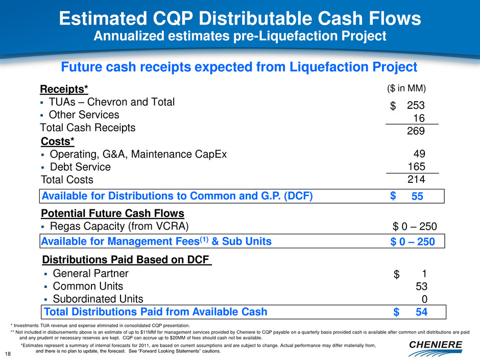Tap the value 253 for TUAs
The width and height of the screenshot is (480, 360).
(x=416, y=105)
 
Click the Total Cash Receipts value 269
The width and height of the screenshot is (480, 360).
(x=416, y=131)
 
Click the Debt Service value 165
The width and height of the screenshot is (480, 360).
(x=417, y=166)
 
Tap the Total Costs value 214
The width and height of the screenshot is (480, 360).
(x=416, y=179)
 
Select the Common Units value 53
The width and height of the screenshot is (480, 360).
(x=421, y=286)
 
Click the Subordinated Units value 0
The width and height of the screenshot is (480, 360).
(x=424, y=299)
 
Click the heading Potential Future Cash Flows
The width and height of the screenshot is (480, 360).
(x=112, y=213)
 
